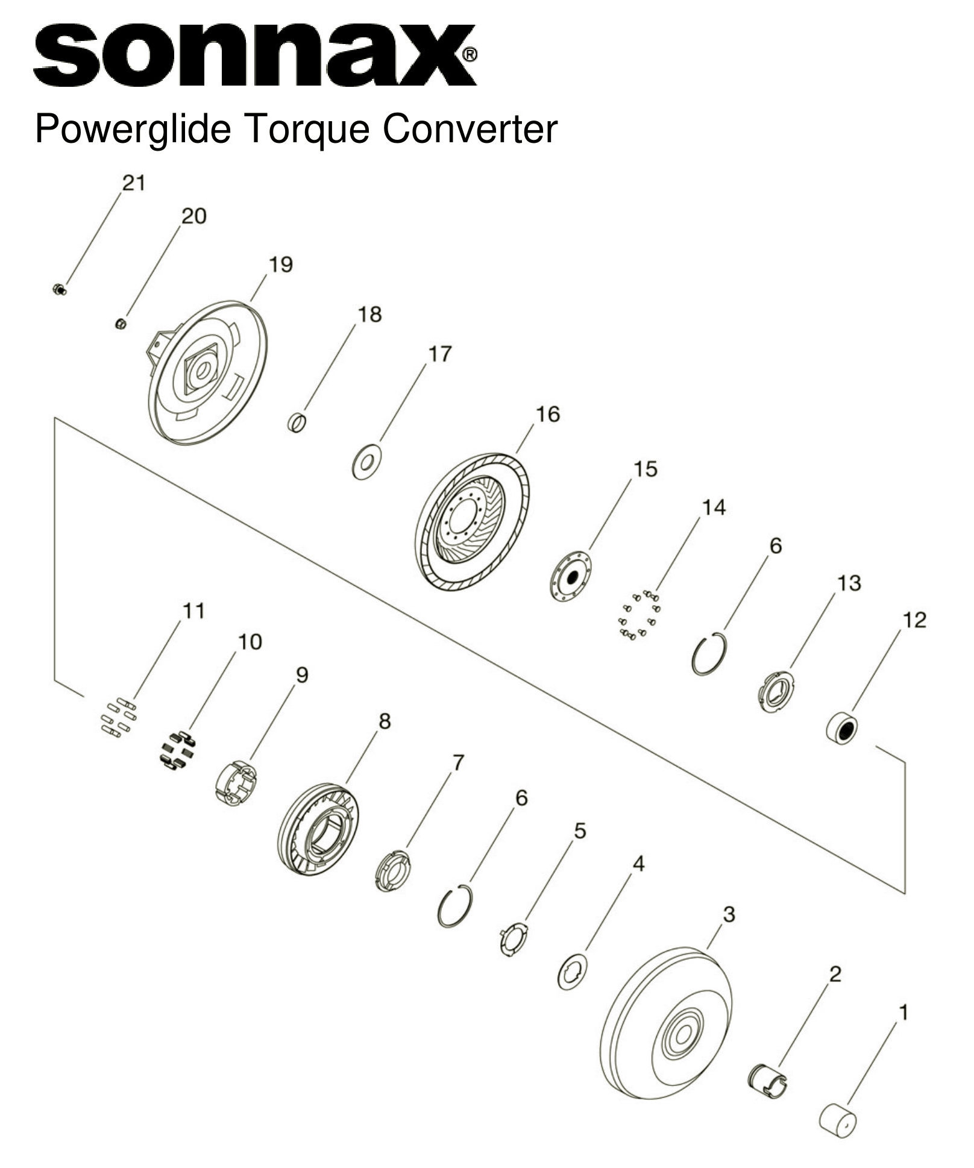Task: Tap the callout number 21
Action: click(x=134, y=183)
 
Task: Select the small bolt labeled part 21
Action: click(x=59, y=290)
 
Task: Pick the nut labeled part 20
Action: click(x=120, y=324)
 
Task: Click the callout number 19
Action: click(x=280, y=264)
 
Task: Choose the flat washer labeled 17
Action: click(x=366, y=462)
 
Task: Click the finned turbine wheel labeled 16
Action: click(x=473, y=521)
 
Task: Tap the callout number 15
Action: click(x=646, y=469)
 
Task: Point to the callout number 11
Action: click(x=193, y=611)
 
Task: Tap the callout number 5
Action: click(x=579, y=831)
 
